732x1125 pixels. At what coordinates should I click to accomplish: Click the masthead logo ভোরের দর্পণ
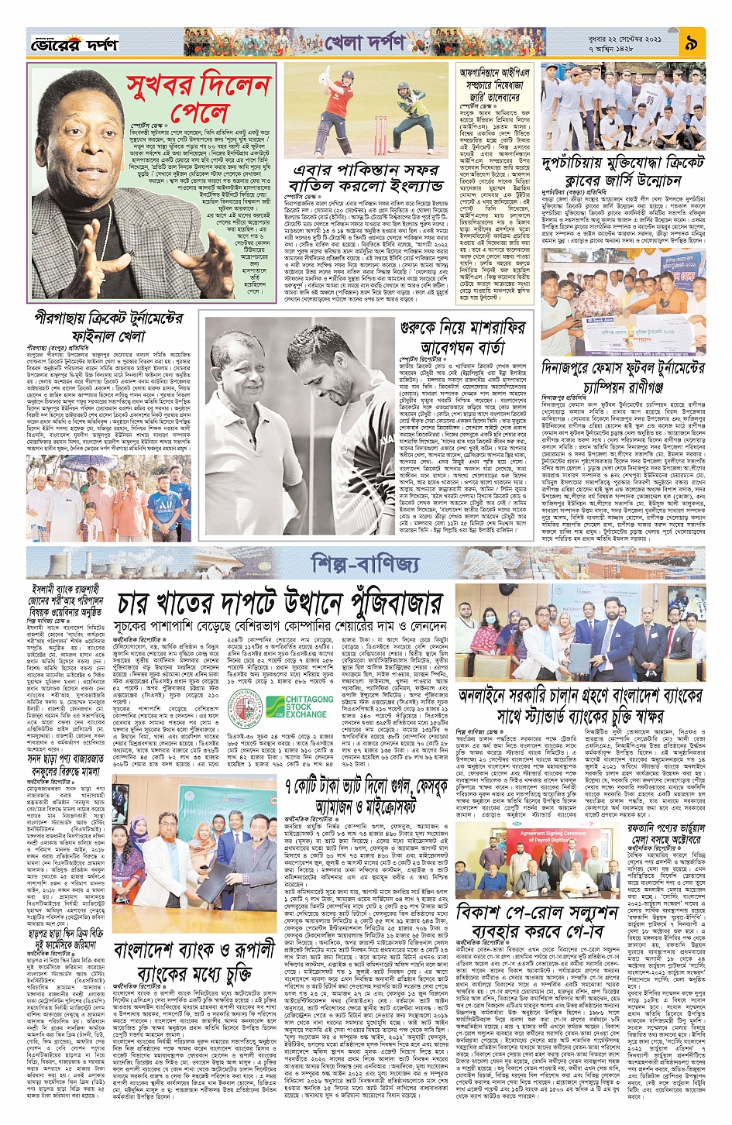[74, 46]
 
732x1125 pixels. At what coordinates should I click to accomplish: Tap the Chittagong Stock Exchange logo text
[309, 707]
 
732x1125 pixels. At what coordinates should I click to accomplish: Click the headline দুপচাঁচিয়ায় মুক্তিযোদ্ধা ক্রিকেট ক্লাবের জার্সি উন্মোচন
[624, 173]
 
